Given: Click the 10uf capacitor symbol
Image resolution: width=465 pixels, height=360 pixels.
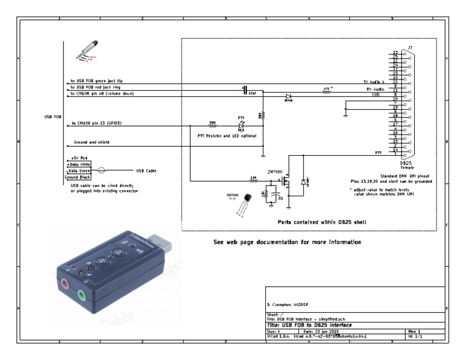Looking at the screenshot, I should (x=245, y=89).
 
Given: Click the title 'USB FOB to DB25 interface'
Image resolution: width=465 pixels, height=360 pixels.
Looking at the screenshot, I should (x=310, y=325).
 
